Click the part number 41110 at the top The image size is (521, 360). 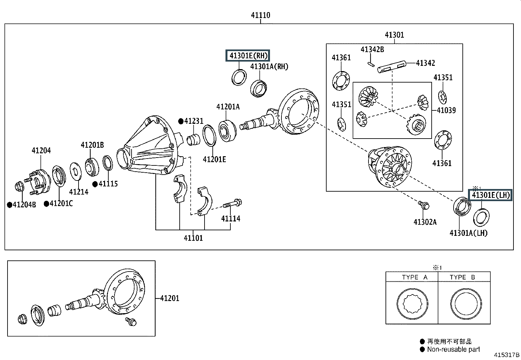point(260,15)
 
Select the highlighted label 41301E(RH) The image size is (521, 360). point(248,55)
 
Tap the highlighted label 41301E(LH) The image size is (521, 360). point(490,195)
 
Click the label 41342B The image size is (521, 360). point(372,49)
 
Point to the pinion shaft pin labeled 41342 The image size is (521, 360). point(392,66)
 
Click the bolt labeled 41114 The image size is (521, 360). point(232,203)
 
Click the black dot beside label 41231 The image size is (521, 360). point(181,121)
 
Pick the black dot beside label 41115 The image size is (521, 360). point(95,184)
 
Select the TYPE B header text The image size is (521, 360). point(462,277)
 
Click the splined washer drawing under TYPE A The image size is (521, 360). point(412,304)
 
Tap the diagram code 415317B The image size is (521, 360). point(507,355)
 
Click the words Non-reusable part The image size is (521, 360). point(454,349)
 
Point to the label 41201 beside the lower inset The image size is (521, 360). point(170,298)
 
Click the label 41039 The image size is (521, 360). point(446,110)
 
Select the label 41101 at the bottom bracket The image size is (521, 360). point(193,238)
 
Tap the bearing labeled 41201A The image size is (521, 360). point(227,131)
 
